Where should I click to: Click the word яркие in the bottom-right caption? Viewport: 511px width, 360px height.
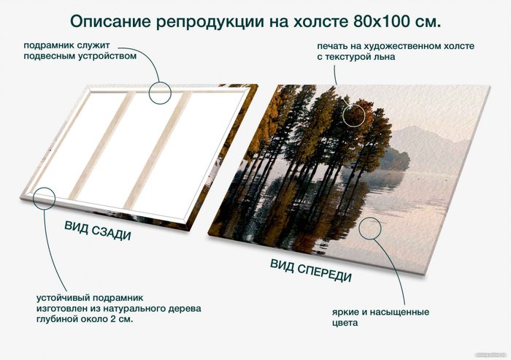(x=343, y=312)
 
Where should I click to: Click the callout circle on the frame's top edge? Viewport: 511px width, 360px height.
(x=160, y=92)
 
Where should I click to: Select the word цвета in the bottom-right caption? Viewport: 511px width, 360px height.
(x=342, y=323)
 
